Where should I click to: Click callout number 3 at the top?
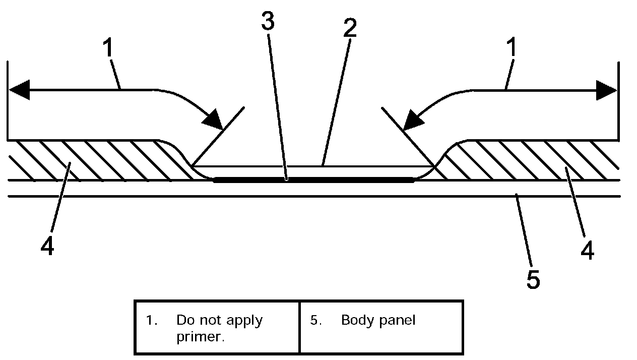pyautogui.click(x=268, y=21)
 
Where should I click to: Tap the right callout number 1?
pyautogui.click(x=512, y=49)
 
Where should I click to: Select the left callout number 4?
pyautogui.click(x=47, y=247)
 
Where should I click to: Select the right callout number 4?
pyautogui.click(x=587, y=250)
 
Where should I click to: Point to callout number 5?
pyautogui.click(x=533, y=279)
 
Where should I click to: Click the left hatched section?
pyautogui.click(x=101, y=160)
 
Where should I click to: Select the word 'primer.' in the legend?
pyautogui.click(x=200, y=337)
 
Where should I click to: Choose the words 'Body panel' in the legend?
pyautogui.click(x=378, y=320)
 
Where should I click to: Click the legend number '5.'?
pyautogui.click(x=316, y=320)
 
